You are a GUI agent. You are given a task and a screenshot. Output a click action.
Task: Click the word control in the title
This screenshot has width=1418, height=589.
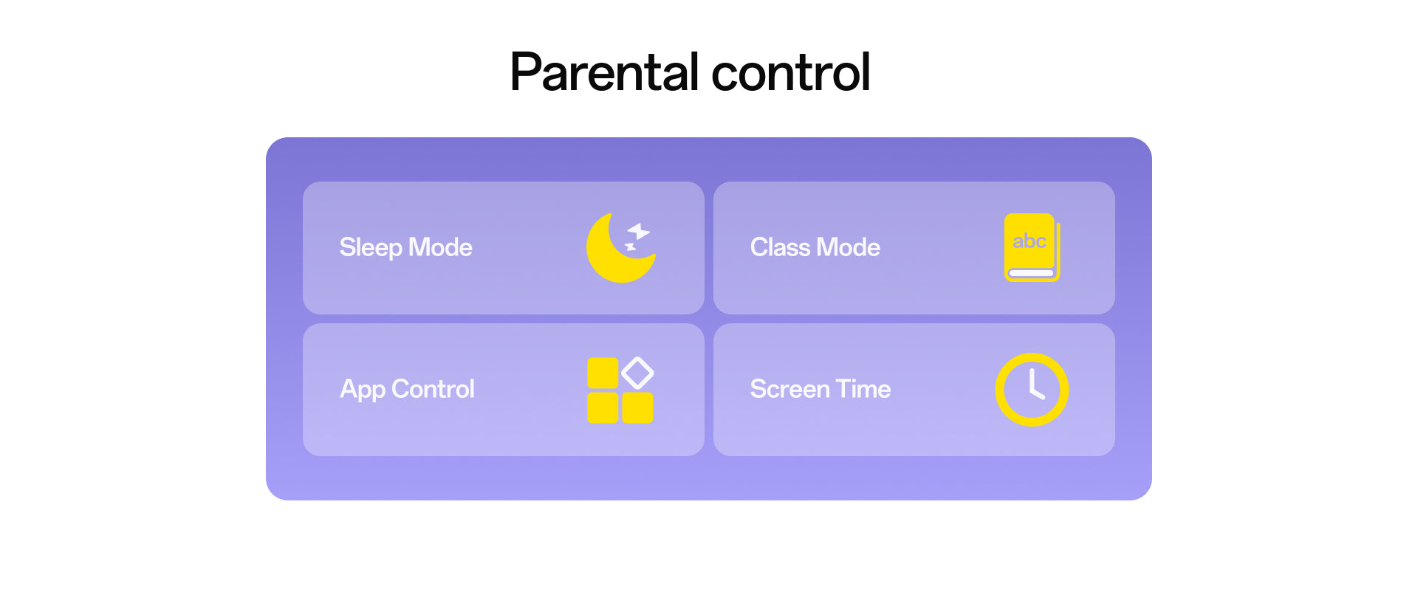[x=791, y=72]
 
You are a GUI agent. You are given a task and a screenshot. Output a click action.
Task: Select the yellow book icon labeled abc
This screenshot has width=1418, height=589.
[x=1032, y=247]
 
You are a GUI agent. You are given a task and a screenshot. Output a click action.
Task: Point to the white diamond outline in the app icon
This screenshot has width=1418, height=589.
[x=637, y=373]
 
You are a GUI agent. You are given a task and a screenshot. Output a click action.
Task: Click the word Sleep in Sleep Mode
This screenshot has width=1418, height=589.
[x=371, y=248]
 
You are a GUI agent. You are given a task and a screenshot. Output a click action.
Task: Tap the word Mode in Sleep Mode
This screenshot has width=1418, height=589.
[x=440, y=247]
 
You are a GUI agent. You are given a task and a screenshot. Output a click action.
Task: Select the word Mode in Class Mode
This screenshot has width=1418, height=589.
[x=849, y=247]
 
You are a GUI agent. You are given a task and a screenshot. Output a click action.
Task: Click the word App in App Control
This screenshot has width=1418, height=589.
[x=363, y=390]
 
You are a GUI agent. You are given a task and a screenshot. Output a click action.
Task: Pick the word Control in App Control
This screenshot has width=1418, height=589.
[x=433, y=389]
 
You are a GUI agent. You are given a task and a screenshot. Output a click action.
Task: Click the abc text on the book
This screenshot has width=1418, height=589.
[x=1030, y=241]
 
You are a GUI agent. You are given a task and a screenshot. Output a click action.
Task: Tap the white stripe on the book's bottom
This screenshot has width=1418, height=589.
[x=1031, y=273]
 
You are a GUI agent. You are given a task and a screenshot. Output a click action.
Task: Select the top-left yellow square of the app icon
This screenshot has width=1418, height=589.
[x=603, y=373]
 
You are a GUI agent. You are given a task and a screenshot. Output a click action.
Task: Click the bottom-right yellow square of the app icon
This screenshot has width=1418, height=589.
[x=637, y=407]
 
